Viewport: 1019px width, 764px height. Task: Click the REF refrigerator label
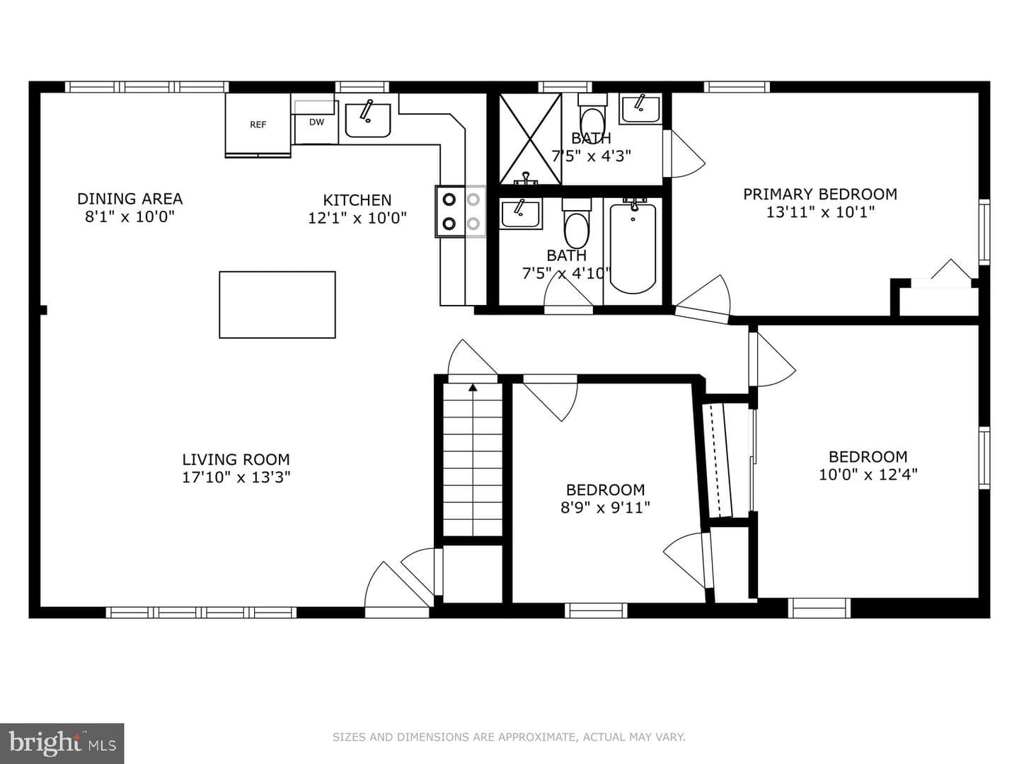click(x=258, y=125)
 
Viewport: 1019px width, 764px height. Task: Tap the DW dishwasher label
click(x=316, y=122)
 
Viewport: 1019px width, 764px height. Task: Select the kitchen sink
click(x=368, y=120)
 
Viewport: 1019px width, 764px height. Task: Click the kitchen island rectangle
click(x=277, y=305)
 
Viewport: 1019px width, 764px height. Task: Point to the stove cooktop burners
click(x=461, y=212)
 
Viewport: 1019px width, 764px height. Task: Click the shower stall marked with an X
click(x=530, y=139)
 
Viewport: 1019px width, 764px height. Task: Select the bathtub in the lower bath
click(x=633, y=248)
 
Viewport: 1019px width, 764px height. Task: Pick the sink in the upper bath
click(x=640, y=110)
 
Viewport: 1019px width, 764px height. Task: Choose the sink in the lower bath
click(x=521, y=214)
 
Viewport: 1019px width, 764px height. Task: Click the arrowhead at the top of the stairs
click(x=473, y=388)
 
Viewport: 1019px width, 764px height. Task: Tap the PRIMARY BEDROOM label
click(x=820, y=194)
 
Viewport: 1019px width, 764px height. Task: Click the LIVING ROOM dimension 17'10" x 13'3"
click(x=236, y=477)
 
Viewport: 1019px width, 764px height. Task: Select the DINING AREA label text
click(x=129, y=199)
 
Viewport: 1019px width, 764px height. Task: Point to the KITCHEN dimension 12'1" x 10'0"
click(x=357, y=218)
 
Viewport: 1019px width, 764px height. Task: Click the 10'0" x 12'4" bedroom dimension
click(x=868, y=475)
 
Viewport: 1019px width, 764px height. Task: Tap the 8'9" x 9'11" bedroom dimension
click(x=605, y=507)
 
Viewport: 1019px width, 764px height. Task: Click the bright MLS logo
click(x=62, y=743)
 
